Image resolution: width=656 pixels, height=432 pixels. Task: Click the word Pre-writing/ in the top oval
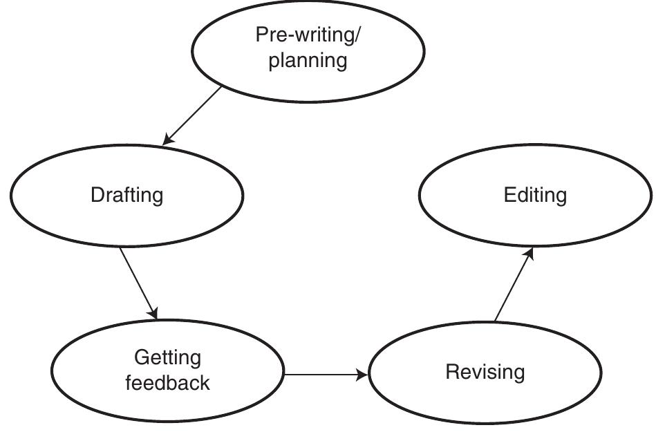point(308,35)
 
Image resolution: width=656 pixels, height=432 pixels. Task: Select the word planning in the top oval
point(308,60)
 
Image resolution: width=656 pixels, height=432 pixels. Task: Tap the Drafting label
point(126,195)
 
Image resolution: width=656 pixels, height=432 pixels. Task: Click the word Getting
point(167,357)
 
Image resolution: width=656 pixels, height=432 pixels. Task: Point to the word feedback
point(167,382)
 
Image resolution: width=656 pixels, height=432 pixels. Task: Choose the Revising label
point(485,372)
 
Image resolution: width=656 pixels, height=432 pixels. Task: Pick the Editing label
point(535,195)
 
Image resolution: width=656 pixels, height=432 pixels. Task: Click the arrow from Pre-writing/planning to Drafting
point(194,115)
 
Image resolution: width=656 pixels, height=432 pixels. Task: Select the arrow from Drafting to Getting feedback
point(138,283)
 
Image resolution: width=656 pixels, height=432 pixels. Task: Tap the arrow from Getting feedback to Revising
point(325,375)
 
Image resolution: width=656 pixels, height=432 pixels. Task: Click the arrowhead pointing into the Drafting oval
point(167,140)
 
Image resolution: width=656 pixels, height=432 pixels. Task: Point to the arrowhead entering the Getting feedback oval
point(153,314)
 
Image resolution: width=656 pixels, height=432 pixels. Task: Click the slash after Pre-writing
point(357,36)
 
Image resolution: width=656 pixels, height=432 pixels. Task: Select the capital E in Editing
point(509,195)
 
